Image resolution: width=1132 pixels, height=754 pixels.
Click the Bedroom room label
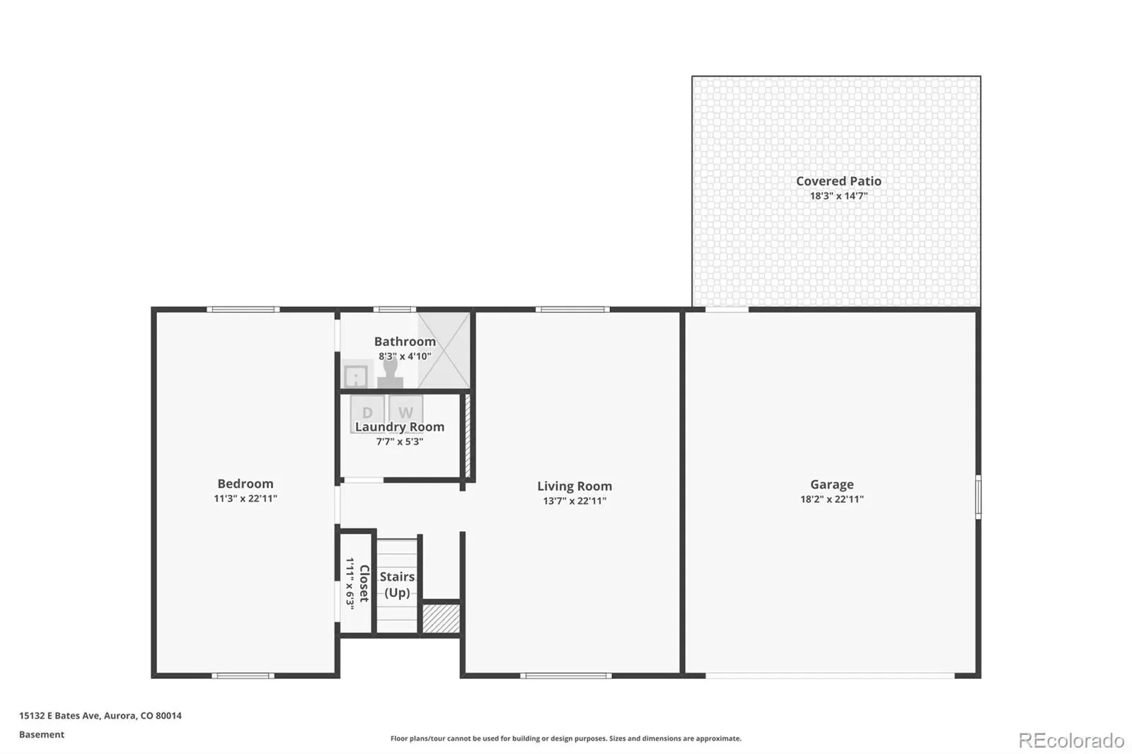pyautogui.click(x=245, y=484)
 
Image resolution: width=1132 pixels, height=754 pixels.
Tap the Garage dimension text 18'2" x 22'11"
pyautogui.click(x=832, y=499)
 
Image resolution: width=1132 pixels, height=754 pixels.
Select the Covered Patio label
pyautogui.click(x=838, y=181)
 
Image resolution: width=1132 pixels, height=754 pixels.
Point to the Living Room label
pyautogui.click(x=574, y=486)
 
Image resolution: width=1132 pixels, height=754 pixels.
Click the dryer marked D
pyautogui.click(x=367, y=413)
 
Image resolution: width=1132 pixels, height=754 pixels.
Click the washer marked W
pyautogui.click(x=405, y=412)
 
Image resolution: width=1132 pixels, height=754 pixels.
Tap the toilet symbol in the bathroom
pyautogui.click(x=390, y=374)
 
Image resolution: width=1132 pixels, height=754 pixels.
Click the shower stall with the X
pyautogui.click(x=444, y=350)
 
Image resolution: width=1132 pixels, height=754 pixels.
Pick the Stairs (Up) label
pyautogui.click(x=397, y=584)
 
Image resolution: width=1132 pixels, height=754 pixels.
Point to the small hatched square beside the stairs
pyautogui.click(x=441, y=618)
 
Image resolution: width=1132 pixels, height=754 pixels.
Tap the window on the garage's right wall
pyautogui.click(x=978, y=497)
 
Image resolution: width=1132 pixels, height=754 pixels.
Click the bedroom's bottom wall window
pyautogui.click(x=243, y=675)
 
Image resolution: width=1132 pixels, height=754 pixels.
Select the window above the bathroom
pyautogui.click(x=395, y=309)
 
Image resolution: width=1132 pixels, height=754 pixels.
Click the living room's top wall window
pyautogui.click(x=572, y=309)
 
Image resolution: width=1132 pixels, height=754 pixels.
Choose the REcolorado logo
pyautogui.click(x=1071, y=741)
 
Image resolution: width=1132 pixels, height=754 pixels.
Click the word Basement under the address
pyautogui.click(x=42, y=734)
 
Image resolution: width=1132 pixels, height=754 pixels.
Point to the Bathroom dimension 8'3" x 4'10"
pyautogui.click(x=405, y=356)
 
